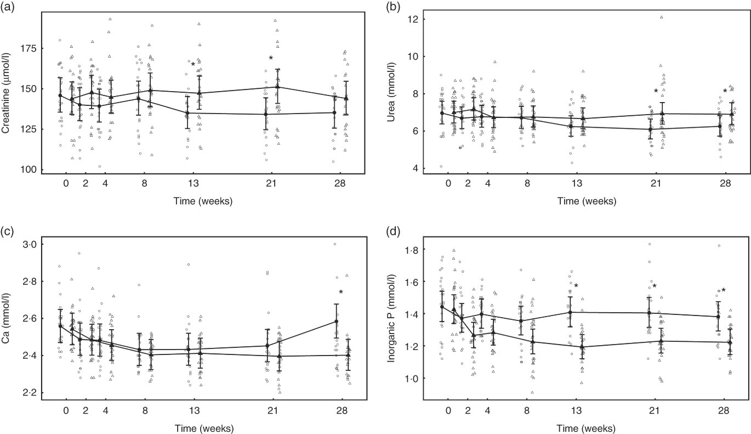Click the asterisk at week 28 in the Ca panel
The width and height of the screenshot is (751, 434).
tap(340, 292)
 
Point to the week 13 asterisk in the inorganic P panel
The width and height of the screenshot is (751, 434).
tap(576, 286)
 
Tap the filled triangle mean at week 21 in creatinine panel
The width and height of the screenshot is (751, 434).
tap(278, 87)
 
